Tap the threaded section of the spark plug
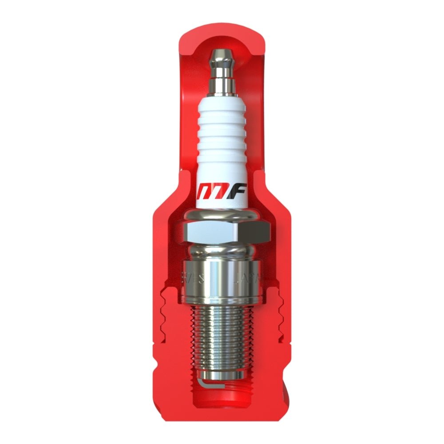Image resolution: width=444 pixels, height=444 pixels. (x=222, y=337)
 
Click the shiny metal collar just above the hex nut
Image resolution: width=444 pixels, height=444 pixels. (x=222, y=215)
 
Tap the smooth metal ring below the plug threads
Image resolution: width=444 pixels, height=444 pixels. (x=222, y=376)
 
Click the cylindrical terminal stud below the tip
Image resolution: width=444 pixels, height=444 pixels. (x=222, y=84)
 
